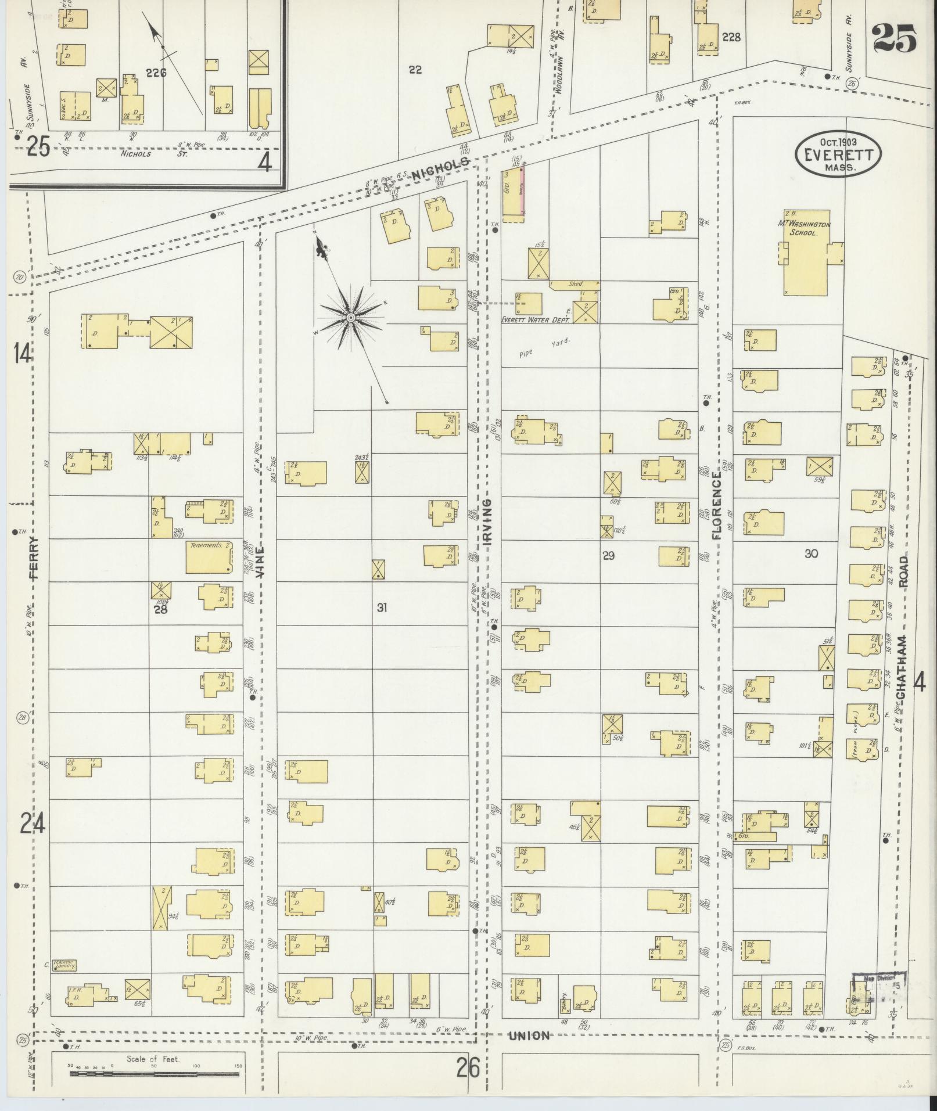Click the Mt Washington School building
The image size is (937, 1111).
click(x=806, y=253)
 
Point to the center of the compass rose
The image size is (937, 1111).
click(x=351, y=318)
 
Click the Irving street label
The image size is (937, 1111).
click(x=487, y=521)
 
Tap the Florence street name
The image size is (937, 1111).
click(x=716, y=505)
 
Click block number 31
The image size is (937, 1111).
click(x=382, y=608)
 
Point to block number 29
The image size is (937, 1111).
click(x=608, y=556)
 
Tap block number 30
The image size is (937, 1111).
click(x=811, y=553)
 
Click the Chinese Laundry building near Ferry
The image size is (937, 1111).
click(x=64, y=965)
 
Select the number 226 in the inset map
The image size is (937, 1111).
click(x=156, y=73)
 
